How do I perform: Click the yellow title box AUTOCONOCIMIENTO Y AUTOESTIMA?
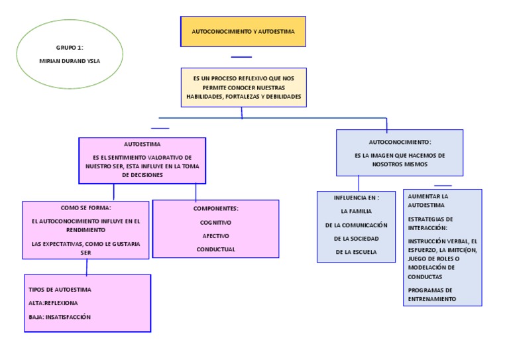[x=243, y=31]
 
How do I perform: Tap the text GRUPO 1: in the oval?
[x=70, y=48]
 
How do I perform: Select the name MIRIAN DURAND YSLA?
[x=70, y=60]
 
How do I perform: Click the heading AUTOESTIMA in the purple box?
[x=142, y=144]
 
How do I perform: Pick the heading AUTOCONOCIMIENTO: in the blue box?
[x=400, y=142]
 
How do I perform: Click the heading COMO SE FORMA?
[x=85, y=208]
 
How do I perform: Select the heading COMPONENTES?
[x=215, y=208]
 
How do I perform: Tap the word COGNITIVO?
[x=215, y=223]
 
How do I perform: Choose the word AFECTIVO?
[x=215, y=235]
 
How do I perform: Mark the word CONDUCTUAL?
[x=215, y=249]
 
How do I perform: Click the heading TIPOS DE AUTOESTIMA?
[x=60, y=290]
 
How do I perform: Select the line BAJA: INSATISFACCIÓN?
[x=60, y=317]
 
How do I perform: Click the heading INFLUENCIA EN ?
[x=356, y=198]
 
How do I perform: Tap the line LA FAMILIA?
[x=356, y=211]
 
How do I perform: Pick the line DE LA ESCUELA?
[x=356, y=251]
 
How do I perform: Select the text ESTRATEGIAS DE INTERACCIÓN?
[x=431, y=223]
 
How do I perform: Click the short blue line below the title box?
[x=241, y=57]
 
